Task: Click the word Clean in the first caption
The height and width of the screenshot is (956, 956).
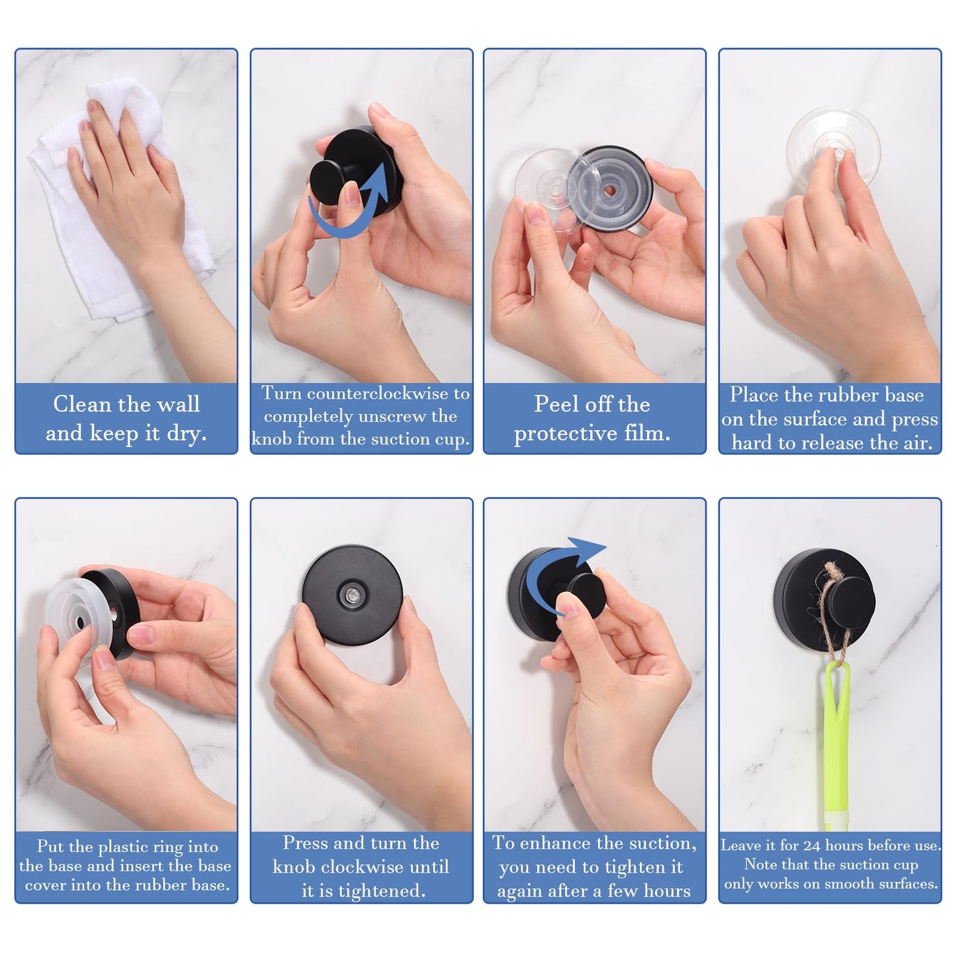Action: pos(82,404)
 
